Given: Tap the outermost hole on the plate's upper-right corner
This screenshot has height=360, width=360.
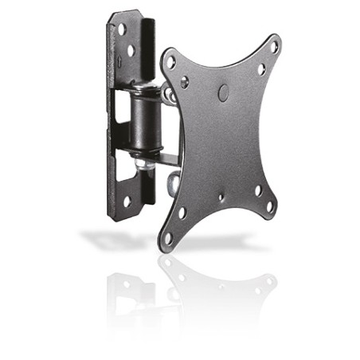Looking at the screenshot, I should click(x=275, y=48).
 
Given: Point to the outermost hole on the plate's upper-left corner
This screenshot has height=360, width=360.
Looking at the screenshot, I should click(x=170, y=58).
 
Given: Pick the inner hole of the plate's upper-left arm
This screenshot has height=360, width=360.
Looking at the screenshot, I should click(x=185, y=80).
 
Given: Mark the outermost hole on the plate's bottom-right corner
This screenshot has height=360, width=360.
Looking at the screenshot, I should click(x=269, y=206).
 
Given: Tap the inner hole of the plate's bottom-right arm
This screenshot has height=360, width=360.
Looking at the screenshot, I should click(x=256, y=191).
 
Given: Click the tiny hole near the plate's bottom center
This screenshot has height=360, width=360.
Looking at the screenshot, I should click(x=221, y=197).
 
